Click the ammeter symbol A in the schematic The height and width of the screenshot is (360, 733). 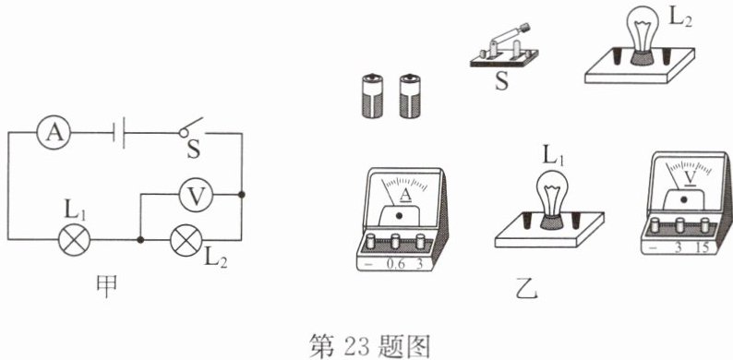pyautogui.click(x=54, y=132)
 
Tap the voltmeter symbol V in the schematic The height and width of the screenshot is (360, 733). pyautogui.click(x=197, y=195)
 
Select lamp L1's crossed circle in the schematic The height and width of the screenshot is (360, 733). pyautogui.click(x=74, y=240)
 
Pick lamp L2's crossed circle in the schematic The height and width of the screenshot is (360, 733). pyautogui.click(x=186, y=240)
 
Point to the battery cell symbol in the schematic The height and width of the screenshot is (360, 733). pyautogui.click(x=119, y=133)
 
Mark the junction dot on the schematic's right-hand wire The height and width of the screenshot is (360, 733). pyautogui.click(x=242, y=194)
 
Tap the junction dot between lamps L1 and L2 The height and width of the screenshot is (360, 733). pyautogui.click(x=139, y=240)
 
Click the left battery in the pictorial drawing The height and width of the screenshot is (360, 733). pyautogui.click(x=373, y=96)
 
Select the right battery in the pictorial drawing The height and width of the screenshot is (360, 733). pyautogui.click(x=410, y=96)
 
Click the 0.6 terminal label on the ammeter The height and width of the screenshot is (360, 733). pyautogui.click(x=394, y=264)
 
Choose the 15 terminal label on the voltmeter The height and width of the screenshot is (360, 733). pyautogui.click(x=702, y=247)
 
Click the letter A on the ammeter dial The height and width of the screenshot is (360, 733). pyautogui.click(x=406, y=197)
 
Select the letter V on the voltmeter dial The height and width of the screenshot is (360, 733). pyautogui.click(x=690, y=177)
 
